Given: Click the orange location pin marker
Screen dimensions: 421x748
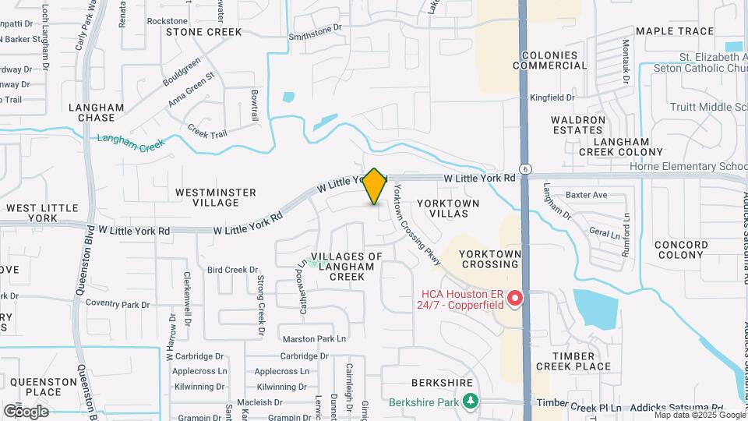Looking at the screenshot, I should pyautogui.click(x=375, y=186).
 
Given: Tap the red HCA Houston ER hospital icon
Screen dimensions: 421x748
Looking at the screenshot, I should pyautogui.click(x=514, y=299).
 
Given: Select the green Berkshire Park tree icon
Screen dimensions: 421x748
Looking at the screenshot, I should pyautogui.click(x=470, y=402).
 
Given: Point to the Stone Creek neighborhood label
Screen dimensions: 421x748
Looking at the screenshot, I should pyautogui.click(x=204, y=32).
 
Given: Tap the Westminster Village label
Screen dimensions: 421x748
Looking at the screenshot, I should pyautogui.click(x=206, y=196).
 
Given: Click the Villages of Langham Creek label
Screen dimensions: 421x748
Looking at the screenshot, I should pyautogui.click(x=347, y=267).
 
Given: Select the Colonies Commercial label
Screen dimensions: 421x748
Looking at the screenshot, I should pyautogui.click(x=550, y=61).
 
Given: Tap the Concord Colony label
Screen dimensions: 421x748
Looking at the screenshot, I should pyautogui.click(x=681, y=249).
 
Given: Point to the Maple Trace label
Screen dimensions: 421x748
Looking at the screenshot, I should pyautogui.click(x=674, y=31).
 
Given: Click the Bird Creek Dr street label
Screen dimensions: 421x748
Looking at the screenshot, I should pyautogui.click(x=232, y=270).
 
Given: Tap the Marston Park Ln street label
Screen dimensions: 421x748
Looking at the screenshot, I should pyautogui.click(x=314, y=338).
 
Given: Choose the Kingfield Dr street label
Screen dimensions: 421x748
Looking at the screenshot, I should pyautogui.click(x=552, y=97).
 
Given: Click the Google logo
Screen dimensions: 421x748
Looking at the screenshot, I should pyautogui.click(x=26, y=411).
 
